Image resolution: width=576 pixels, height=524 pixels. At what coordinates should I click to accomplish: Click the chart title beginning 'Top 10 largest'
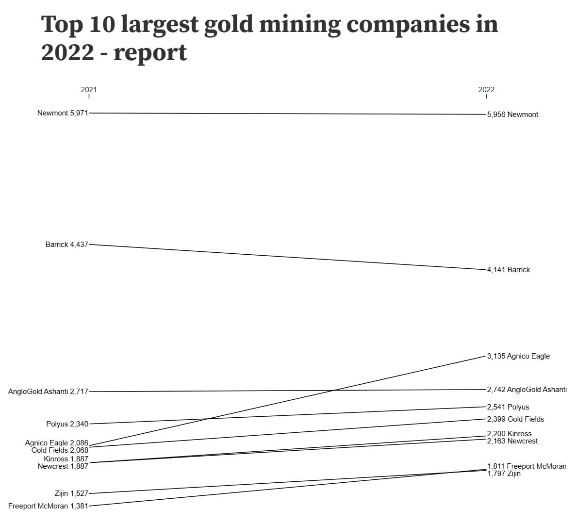[x=269, y=38]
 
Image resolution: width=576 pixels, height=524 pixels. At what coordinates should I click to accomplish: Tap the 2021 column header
[x=89, y=89]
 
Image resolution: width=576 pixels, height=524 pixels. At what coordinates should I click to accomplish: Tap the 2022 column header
[x=486, y=89]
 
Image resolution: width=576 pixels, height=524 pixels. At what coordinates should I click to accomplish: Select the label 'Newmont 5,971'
[x=63, y=113]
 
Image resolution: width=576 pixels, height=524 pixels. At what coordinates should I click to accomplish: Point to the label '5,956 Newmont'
[x=512, y=115]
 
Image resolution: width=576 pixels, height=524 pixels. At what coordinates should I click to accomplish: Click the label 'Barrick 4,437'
[x=67, y=245]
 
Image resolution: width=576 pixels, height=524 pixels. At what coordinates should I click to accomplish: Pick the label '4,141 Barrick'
[x=509, y=270]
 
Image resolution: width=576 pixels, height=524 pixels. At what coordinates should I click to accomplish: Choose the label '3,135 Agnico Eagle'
[x=518, y=356]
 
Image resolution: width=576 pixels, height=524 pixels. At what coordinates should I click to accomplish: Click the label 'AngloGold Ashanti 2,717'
[x=48, y=392]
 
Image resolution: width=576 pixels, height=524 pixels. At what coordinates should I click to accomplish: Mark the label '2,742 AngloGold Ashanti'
[x=527, y=390]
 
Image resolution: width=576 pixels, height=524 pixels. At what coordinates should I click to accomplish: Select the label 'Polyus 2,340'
[x=67, y=424]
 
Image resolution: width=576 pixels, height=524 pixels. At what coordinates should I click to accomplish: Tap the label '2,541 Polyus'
[x=508, y=407]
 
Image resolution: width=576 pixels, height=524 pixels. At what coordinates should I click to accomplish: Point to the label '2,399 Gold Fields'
[x=515, y=419]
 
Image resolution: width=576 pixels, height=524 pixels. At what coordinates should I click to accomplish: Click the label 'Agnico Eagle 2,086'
[x=57, y=442]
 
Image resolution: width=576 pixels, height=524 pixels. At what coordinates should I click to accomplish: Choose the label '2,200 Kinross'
[x=509, y=434]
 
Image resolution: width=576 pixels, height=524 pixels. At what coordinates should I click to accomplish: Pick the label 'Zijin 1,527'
[x=71, y=493]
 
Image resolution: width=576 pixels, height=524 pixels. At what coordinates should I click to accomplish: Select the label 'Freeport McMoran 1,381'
[x=48, y=506]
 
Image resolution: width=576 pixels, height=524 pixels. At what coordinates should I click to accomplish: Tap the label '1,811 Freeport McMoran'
[x=527, y=466]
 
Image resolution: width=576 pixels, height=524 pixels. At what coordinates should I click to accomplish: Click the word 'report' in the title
[x=150, y=52]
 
